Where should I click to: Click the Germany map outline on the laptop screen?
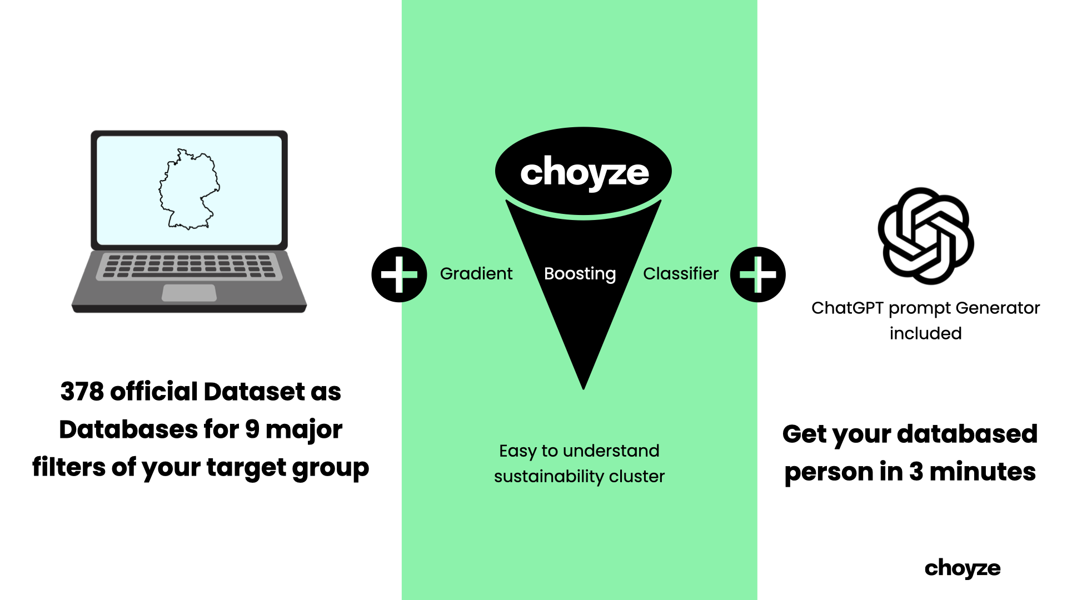189,189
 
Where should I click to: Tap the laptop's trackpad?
189,292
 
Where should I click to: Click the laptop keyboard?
189,266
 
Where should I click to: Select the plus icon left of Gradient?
399,274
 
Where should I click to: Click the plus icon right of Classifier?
757,274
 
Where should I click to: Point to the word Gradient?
476,274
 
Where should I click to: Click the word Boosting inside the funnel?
580,274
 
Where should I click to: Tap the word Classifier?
681,274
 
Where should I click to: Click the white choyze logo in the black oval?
584,173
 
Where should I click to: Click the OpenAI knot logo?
925,236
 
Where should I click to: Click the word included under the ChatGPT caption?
925,333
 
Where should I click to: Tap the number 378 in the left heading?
82,392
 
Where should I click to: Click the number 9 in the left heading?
252,429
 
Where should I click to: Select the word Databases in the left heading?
128,429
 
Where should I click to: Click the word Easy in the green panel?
517,451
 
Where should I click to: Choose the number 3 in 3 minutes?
916,472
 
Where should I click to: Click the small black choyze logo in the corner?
963,568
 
